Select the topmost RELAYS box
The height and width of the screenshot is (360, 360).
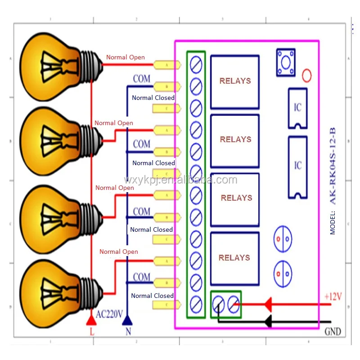[x=235, y=81]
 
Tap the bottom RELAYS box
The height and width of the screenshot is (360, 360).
[x=234, y=258]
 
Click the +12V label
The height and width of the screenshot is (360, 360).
[x=333, y=297]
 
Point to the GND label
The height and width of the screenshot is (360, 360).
[x=333, y=332]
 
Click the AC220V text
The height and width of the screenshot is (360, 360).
[x=109, y=315]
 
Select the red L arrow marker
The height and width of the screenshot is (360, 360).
[x=91, y=320]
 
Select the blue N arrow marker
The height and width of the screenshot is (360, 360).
[x=127, y=320]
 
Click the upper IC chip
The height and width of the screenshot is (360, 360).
[x=297, y=108]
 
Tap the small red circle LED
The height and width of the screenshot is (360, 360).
[x=306, y=75]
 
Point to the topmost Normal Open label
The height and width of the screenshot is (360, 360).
[x=126, y=57]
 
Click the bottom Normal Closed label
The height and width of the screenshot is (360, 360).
[x=152, y=296]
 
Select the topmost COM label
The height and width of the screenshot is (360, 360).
[x=141, y=79]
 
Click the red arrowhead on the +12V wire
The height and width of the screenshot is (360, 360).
[x=267, y=305]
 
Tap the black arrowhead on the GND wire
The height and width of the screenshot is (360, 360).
[x=267, y=321]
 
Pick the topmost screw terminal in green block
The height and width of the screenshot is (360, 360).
[x=196, y=63]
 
